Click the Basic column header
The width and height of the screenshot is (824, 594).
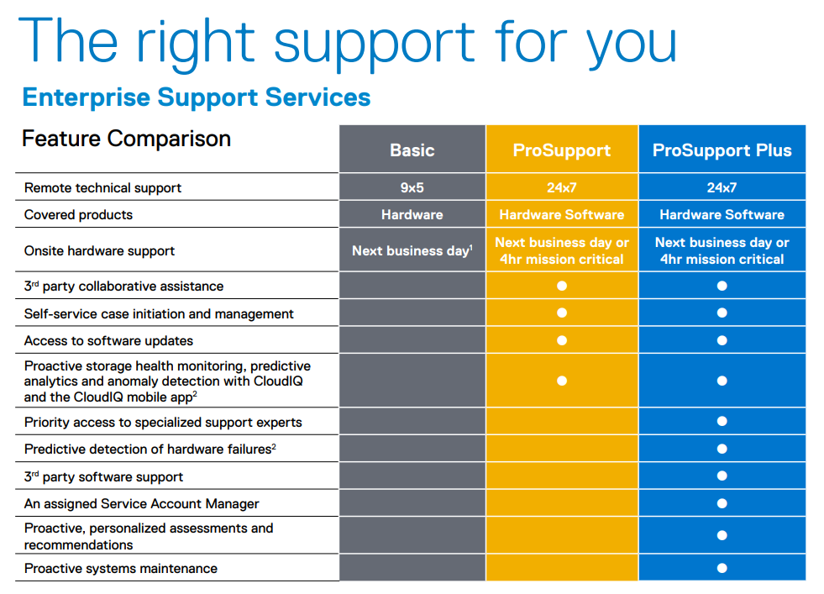pos(412,150)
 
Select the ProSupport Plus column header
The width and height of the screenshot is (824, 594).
pos(722,150)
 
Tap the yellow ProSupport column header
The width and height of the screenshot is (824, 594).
pos(561,150)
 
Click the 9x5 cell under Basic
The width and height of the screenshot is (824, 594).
pos(412,187)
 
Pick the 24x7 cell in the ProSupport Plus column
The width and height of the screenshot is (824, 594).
pos(722,187)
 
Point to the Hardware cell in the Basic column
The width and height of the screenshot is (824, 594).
pos(412,214)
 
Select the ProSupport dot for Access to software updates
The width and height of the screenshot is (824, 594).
pos(562,340)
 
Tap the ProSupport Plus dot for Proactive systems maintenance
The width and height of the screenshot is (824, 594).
pos(722,568)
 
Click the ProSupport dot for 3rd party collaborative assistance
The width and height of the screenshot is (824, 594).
pos(562,286)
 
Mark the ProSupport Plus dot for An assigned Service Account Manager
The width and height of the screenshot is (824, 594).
pos(722,503)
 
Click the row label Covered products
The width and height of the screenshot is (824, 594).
pos(78,214)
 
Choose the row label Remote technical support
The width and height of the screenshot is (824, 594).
pos(102,187)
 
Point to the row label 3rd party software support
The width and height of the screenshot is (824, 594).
pos(103,476)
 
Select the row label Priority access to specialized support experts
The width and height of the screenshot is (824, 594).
pos(163,422)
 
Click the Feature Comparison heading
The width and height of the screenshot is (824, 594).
pos(126,139)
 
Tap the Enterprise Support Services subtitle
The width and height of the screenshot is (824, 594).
pos(197,97)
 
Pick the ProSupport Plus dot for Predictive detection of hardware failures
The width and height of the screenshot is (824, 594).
pos(722,449)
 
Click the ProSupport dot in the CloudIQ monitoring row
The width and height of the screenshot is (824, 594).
pos(562,381)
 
